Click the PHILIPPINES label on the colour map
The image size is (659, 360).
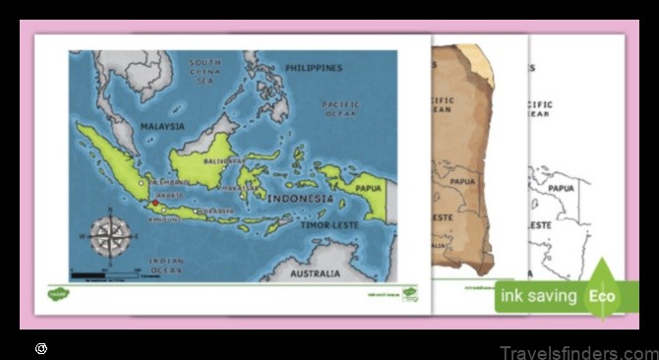point(313,68)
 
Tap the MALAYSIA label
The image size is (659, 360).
point(161,127)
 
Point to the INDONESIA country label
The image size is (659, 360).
point(299,199)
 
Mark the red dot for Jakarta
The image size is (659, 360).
point(155,203)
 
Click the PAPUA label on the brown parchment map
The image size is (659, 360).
point(461,181)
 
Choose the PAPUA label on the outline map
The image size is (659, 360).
point(561,188)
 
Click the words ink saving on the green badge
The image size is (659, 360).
point(537,295)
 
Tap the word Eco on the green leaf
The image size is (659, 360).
point(602,295)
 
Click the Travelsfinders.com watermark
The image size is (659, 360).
point(577,352)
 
